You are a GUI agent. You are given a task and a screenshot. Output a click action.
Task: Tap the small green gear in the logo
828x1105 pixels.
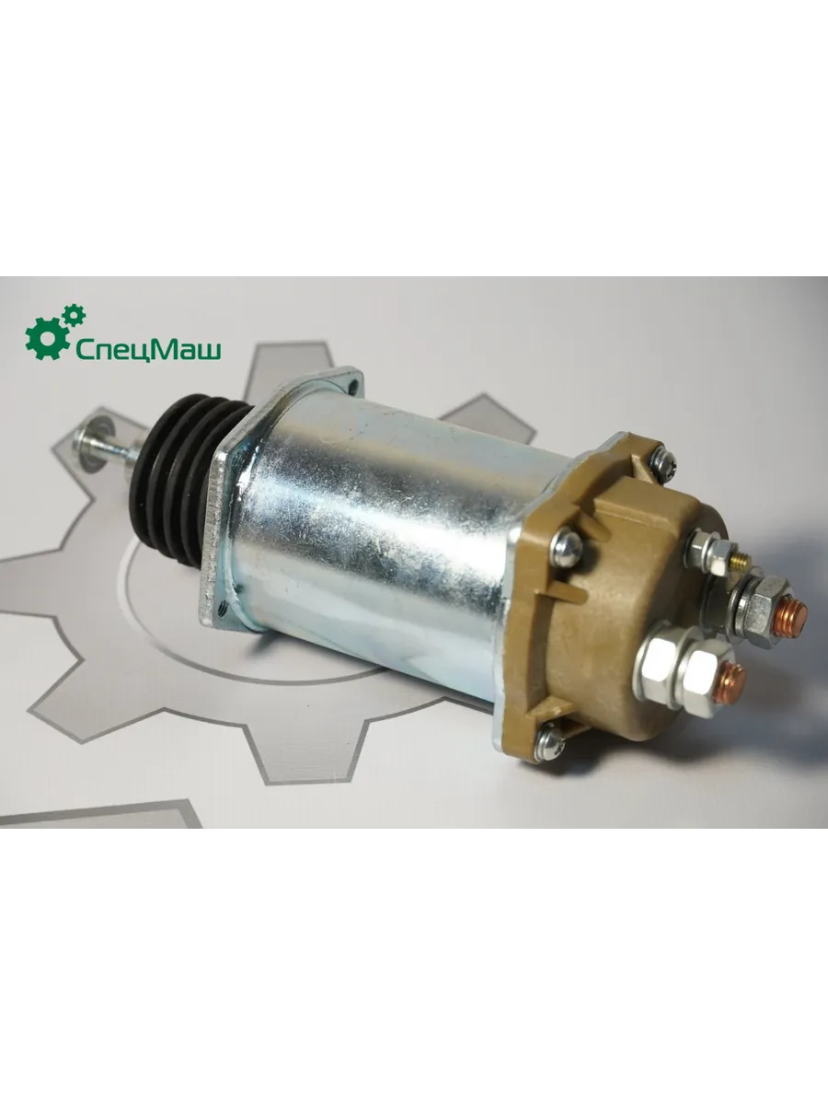tap(74, 315)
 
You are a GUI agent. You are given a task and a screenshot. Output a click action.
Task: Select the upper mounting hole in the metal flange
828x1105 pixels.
tap(355, 386)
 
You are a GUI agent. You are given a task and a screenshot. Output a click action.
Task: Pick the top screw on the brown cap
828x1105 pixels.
tap(661, 461)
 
